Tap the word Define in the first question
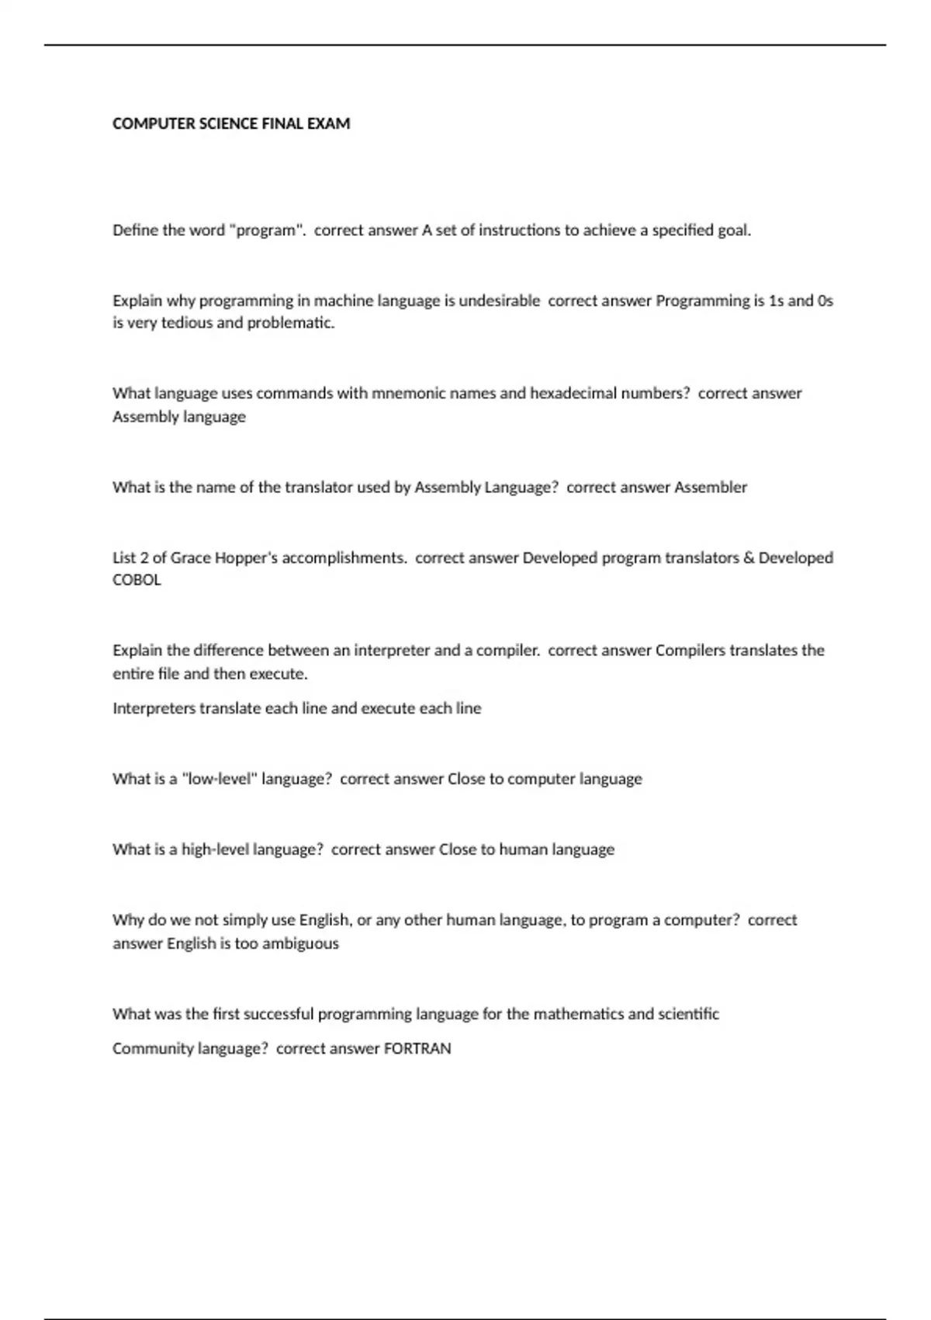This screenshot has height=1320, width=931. tap(135, 230)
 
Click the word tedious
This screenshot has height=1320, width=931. tap(186, 323)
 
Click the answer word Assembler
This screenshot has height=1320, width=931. tap(710, 487)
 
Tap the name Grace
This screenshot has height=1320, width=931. tap(190, 558)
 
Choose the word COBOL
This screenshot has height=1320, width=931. tap(137, 580)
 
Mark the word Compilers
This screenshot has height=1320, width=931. tap(690, 650)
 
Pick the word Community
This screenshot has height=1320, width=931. tap(153, 1049)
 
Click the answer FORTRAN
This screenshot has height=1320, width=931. tap(417, 1049)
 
